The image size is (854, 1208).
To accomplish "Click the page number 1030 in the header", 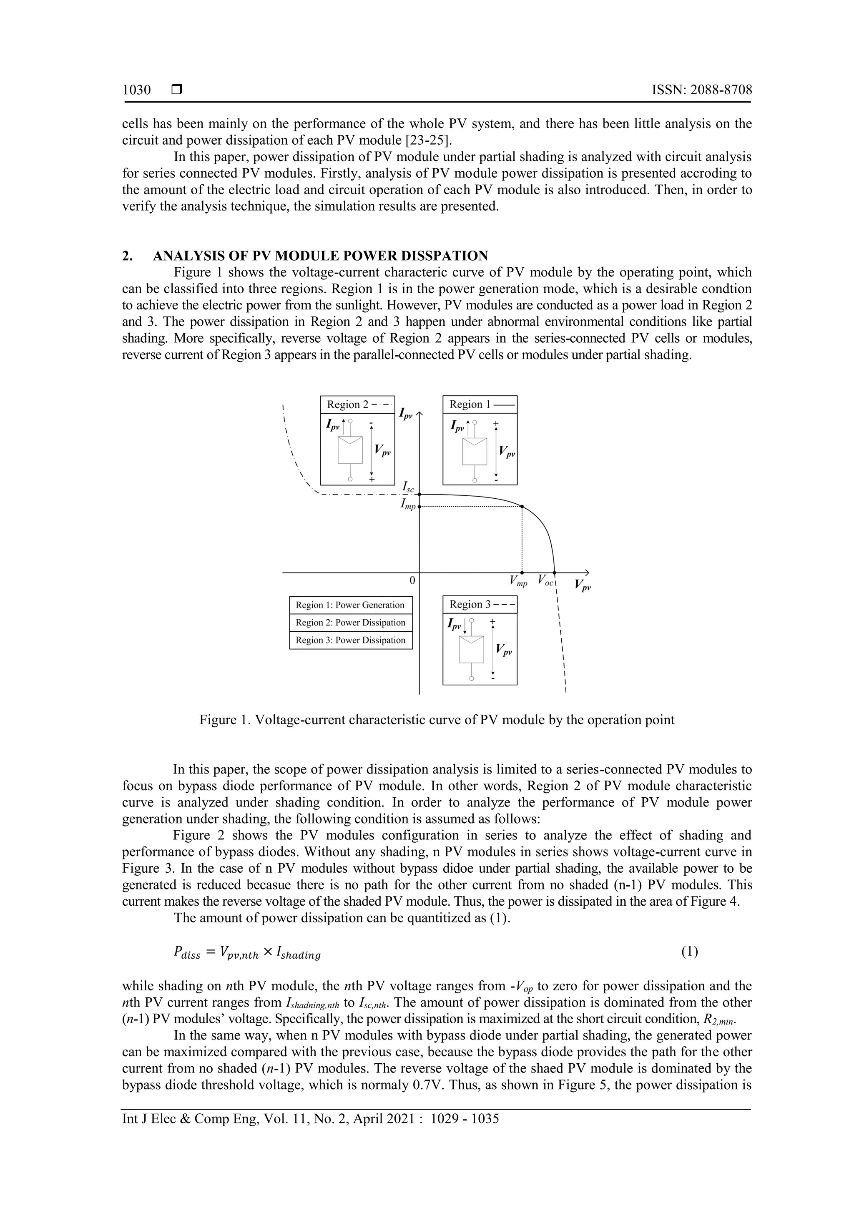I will point(136,90).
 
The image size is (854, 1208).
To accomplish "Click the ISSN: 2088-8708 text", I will point(701,90).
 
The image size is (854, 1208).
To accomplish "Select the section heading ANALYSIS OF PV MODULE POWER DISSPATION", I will point(320,256).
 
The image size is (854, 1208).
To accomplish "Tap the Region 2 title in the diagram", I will point(347,404).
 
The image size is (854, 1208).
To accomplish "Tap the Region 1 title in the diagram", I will point(470,404).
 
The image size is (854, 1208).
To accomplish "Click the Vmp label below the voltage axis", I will point(518,581).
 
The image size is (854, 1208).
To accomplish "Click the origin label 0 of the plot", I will point(412,580).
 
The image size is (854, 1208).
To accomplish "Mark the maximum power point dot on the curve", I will point(522,507).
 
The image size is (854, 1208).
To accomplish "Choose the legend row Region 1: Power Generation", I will point(350,605).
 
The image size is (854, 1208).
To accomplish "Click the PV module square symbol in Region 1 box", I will point(475,451).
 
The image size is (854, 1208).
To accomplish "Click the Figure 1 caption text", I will point(436,720).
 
